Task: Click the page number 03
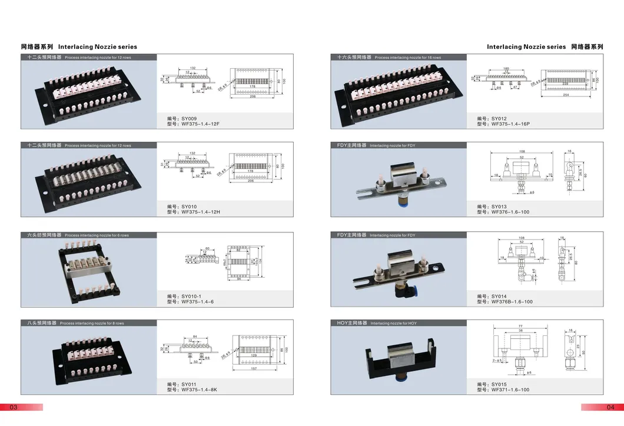14,407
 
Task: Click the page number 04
610,407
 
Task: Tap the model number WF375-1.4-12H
200,212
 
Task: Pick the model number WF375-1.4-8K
200,390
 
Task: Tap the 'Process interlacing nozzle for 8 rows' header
92,324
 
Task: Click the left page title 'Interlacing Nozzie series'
98,46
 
